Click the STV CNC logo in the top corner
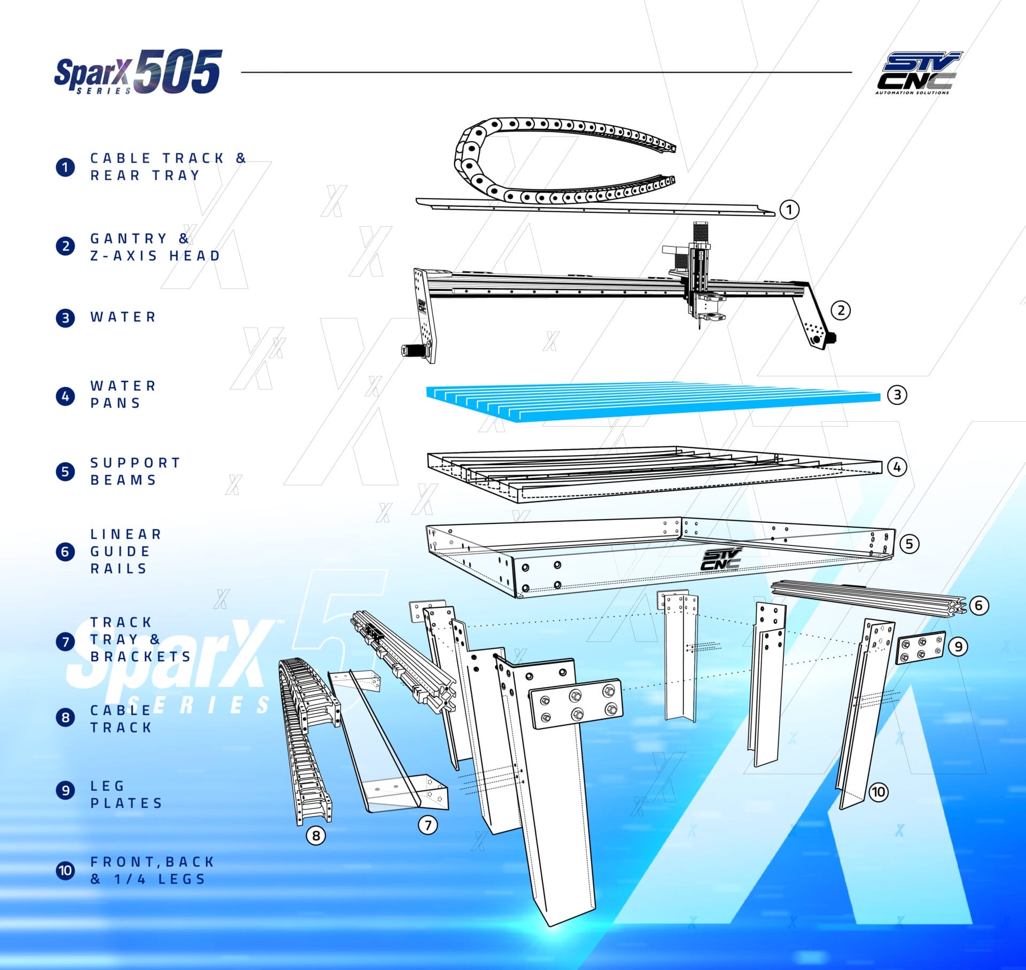(918, 73)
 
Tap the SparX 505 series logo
(138, 72)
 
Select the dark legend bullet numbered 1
(65, 167)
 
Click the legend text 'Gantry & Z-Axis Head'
(155, 247)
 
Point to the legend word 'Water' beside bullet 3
(123, 317)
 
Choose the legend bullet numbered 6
(65, 551)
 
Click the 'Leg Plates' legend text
(126, 794)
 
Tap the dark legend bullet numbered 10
(65, 870)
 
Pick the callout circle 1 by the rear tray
(789, 209)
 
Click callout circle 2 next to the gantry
(841, 310)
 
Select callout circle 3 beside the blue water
(897, 395)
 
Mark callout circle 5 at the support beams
(910, 544)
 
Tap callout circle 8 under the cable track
(316, 835)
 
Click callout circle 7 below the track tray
(428, 825)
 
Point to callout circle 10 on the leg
(879, 792)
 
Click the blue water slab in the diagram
(653, 402)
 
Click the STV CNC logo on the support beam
(721, 559)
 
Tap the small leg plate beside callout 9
(920, 647)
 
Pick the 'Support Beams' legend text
(135, 471)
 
